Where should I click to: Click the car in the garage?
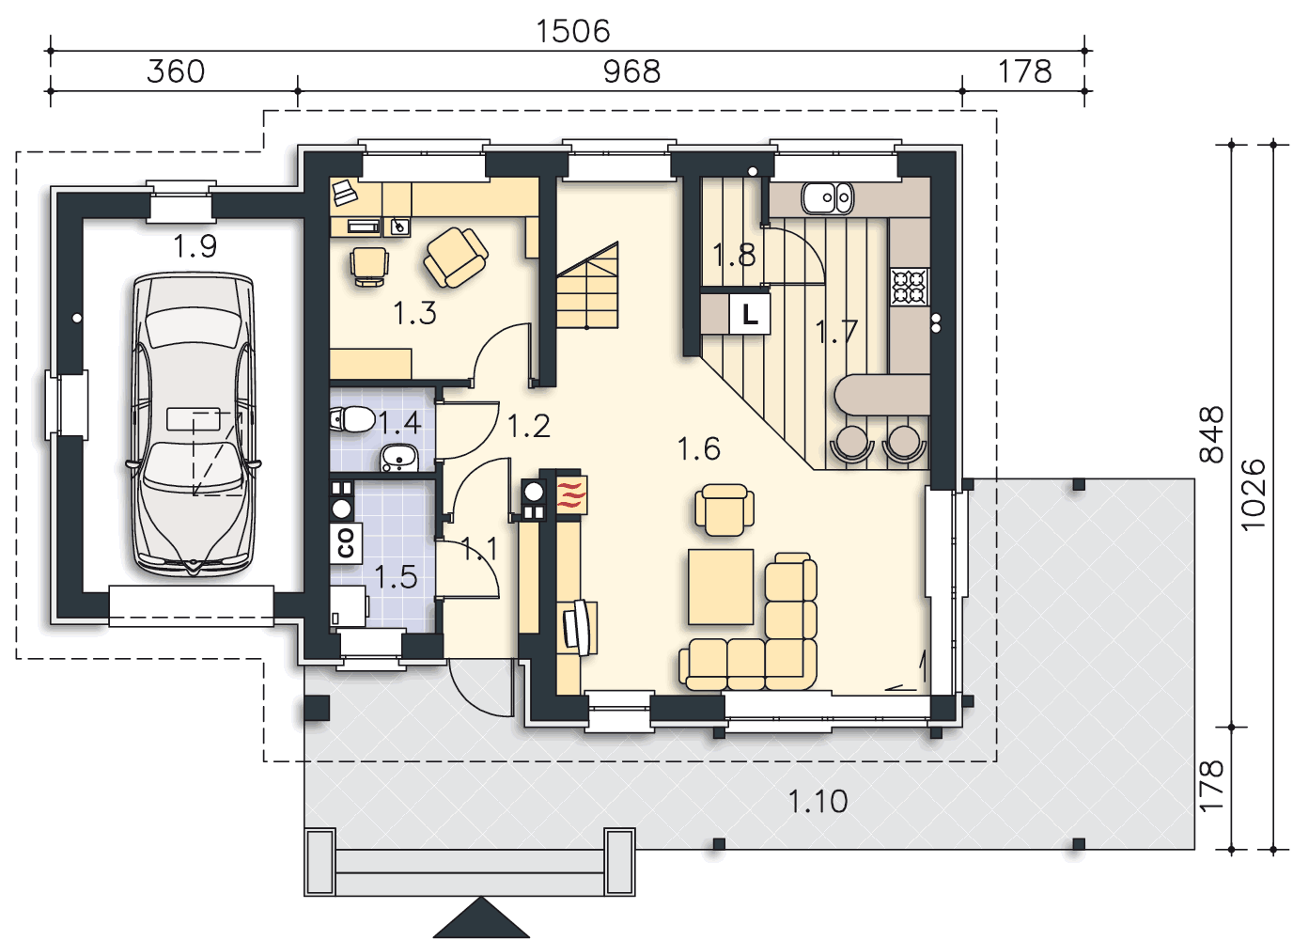coord(194,424)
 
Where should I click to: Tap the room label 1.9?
coord(195,246)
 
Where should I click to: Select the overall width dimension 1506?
coord(572,31)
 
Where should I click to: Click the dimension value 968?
coord(631,72)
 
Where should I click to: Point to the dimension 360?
coord(176,72)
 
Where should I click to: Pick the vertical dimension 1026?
coord(1254,494)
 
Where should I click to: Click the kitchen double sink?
coord(827,197)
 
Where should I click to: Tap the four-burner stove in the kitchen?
coord(910,287)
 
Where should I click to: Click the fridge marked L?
coord(749,315)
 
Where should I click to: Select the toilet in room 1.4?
coord(352,419)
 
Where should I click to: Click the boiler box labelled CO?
coord(346,543)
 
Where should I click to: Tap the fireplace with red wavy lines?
coord(571,494)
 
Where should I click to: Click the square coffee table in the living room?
coord(721,587)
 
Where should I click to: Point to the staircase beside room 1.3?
coord(587,286)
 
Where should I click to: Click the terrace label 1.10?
coord(818,802)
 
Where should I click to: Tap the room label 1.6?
coord(698,449)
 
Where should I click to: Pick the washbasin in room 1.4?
coord(399,458)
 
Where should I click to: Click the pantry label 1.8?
coord(734,255)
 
